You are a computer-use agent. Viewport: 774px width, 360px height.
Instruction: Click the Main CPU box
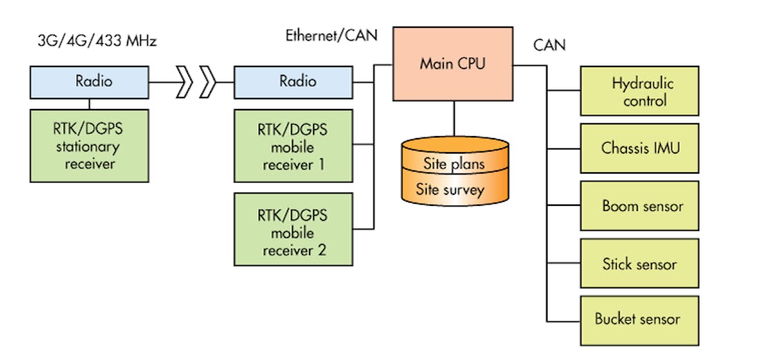click(453, 63)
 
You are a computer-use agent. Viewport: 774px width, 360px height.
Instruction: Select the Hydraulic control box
click(639, 92)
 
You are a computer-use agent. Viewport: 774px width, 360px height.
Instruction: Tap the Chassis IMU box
click(639, 148)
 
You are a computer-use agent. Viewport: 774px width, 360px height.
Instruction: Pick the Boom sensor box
click(639, 206)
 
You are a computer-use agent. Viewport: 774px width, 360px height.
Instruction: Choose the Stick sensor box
click(639, 263)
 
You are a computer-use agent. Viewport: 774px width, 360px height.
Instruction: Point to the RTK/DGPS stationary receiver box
click(89, 146)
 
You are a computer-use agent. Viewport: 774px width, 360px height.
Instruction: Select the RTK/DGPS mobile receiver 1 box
click(293, 146)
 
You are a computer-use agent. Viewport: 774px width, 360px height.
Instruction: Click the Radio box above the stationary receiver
click(89, 82)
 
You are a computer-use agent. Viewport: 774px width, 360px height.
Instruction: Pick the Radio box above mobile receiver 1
click(293, 82)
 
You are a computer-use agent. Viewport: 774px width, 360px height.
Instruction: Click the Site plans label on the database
click(453, 163)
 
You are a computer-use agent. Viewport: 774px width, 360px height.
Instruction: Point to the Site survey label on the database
click(450, 189)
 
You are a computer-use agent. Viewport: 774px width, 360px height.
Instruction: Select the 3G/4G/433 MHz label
click(97, 41)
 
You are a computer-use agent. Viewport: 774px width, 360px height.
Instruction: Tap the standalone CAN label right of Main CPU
click(550, 45)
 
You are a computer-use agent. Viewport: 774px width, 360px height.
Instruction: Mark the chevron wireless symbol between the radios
click(196, 83)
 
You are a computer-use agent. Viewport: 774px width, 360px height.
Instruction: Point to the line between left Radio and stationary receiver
click(89, 103)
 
